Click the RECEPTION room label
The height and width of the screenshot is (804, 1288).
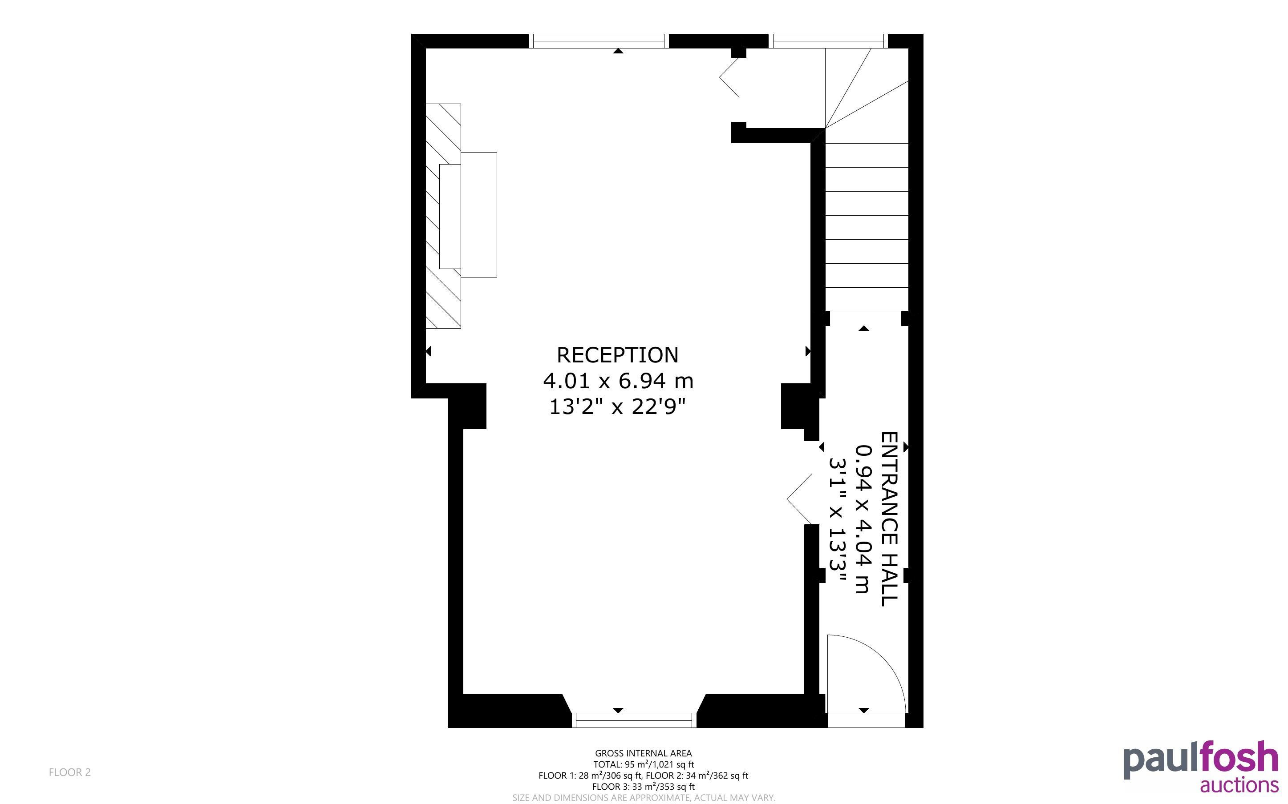tap(617, 355)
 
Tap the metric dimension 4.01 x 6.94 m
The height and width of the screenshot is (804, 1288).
tap(618, 381)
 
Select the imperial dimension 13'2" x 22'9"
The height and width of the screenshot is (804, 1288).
tap(617, 407)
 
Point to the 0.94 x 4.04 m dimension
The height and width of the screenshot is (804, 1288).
tap(863, 519)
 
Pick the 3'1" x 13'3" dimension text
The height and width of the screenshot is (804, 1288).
tap(838, 519)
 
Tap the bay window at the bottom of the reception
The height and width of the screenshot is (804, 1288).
tap(634, 720)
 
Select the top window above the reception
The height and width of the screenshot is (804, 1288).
tap(599, 41)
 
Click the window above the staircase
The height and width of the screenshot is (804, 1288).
tap(828, 41)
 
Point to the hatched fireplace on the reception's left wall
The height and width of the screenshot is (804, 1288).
tap(443, 216)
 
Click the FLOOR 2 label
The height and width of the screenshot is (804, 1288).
tap(70, 772)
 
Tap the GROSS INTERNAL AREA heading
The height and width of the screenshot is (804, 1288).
tap(643, 753)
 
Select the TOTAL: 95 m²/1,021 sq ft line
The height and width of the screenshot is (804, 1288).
tap(644, 764)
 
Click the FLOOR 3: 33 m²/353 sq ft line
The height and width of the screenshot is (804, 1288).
tap(643, 787)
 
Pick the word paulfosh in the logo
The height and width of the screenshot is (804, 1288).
tap(1201, 760)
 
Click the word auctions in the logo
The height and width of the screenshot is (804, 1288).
tap(1239, 785)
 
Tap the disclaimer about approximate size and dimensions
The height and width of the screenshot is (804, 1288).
tap(644, 798)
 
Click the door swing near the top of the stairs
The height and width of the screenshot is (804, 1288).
tap(729, 77)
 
